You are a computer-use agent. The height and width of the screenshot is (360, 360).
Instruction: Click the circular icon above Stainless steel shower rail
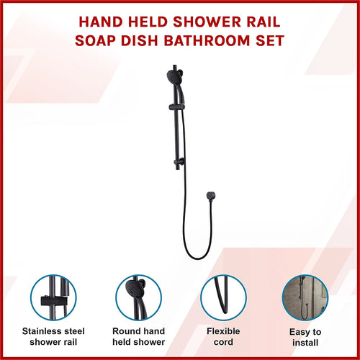[x=53, y=297]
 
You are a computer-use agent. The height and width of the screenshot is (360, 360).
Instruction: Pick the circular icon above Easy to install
[x=305, y=297]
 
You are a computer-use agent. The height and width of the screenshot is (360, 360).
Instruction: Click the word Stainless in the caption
[x=39, y=332]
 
